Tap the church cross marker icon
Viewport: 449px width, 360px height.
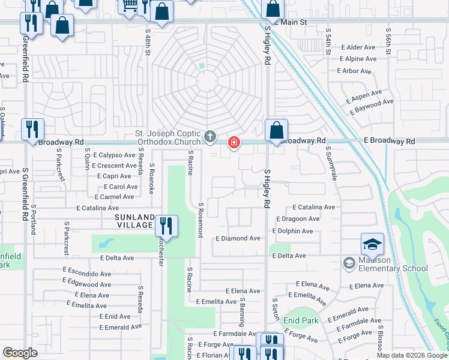(x=210, y=137)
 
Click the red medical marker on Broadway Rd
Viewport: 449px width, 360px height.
(x=234, y=143)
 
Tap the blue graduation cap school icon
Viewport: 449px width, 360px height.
(x=372, y=244)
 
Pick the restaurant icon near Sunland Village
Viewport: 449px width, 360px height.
(x=166, y=226)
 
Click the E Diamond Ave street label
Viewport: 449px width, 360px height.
(x=238, y=238)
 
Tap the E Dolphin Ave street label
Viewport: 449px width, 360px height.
(x=292, y=231)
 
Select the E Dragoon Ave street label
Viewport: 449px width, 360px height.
(x=298, y=219)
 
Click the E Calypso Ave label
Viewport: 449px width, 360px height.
(x=110, y=155)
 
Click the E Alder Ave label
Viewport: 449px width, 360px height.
(x=357, y=47)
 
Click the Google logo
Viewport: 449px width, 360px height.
(x=20, y=353)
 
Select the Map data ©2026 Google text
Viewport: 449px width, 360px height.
(x=412, y=355)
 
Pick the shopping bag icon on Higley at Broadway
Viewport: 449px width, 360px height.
(x=276, y=130)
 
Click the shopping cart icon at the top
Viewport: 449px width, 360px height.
(x=128, y=6)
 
